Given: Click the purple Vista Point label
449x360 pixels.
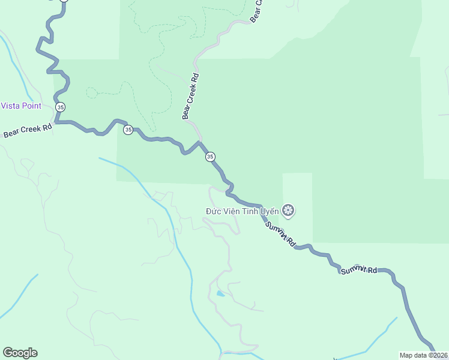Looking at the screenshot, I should [21, 106].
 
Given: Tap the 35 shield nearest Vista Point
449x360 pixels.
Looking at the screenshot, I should [60, 106].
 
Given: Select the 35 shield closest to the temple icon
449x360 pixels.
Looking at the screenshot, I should [210, 157].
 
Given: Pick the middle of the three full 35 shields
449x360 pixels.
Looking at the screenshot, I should [128, 130].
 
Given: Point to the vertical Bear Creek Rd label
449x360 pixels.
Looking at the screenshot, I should [190, 96].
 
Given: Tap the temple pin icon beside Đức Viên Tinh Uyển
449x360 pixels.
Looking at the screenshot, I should [289, 211].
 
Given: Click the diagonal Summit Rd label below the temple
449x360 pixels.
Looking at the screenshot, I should [280, 235].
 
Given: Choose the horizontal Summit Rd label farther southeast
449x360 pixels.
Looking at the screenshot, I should [358, 271].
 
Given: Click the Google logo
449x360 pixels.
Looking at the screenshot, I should [20, 353].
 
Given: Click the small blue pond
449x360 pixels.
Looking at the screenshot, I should [220, 294].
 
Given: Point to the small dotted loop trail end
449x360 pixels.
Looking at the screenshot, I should [91, 92].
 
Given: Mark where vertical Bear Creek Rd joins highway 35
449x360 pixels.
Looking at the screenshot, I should [200, 142].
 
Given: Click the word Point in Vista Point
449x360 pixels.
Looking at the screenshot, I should [31, 106].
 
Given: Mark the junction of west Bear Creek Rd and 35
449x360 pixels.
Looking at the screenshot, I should [56, 122].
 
